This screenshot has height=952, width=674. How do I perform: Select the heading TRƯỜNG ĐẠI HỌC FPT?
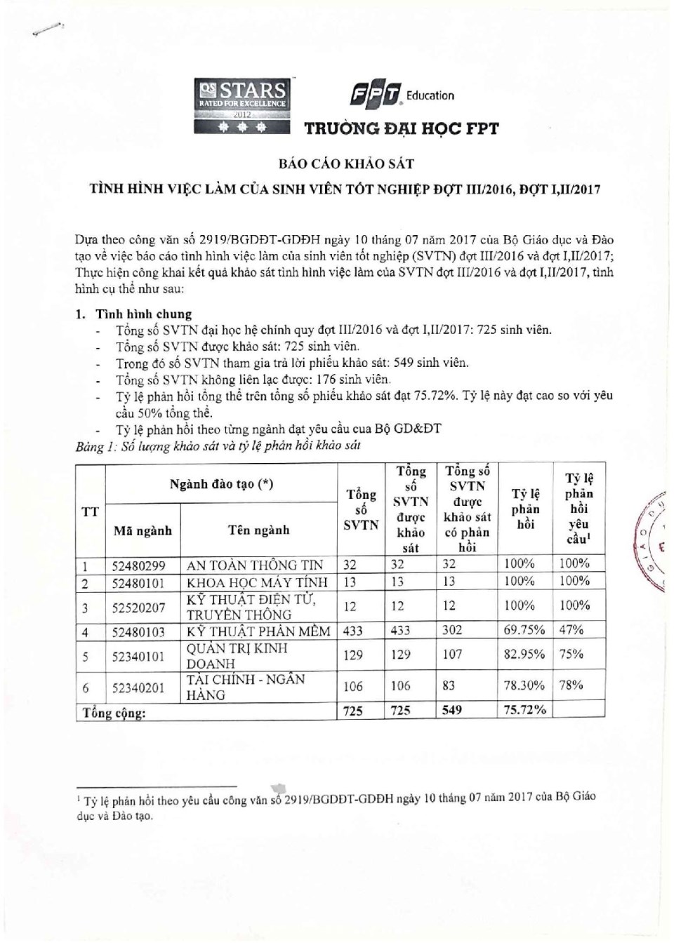[x=401, y=128]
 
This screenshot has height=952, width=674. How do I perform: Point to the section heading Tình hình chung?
[x=143, y=314]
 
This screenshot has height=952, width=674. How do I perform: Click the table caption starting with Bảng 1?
[x=218, y=446]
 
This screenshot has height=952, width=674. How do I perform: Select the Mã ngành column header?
[x=143, y=530]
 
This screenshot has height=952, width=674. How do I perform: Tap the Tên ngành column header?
[x=258, y=530]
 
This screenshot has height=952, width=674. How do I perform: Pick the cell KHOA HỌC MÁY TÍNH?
[x=257, y=582]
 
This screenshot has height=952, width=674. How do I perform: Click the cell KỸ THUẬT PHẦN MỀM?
[x=258, y=631]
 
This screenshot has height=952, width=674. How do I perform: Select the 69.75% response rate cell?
[x=524, y=630]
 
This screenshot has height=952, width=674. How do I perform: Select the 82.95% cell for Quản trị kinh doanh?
[x=524, y=655]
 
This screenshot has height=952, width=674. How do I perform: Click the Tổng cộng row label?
[x=114, y=713]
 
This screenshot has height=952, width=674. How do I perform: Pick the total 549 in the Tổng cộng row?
[x=452, y=710]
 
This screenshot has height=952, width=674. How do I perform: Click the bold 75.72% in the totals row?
[x=524, y=710]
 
